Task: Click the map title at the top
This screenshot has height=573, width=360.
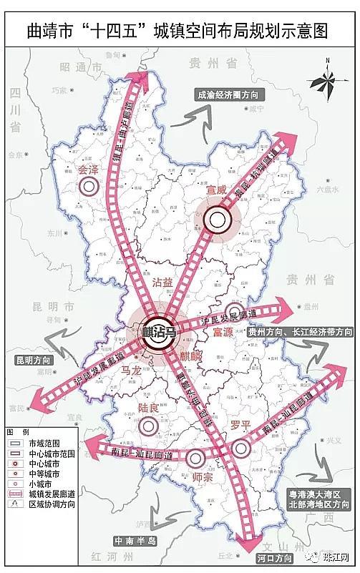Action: [180, 31]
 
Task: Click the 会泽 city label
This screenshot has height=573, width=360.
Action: [88, 170]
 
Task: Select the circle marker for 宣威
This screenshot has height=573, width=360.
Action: [216, 219]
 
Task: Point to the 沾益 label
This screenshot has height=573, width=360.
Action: [162, 283]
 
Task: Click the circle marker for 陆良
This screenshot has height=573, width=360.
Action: [148, 425]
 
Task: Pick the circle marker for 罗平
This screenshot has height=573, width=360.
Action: [241, 448]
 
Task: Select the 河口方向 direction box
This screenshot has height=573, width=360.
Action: [273, 557]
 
